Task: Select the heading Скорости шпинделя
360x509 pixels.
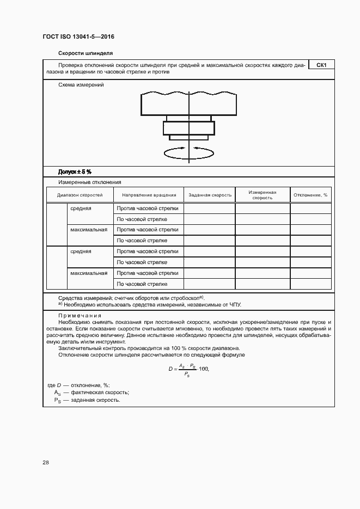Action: [85, 53]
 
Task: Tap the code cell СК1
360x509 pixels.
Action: [321, 65]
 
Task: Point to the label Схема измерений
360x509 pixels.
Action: [81, 85]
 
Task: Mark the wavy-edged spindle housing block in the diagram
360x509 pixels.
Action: [188, 103]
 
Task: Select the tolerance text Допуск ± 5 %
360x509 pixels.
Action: [75, 171]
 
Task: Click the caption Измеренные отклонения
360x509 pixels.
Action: [89, 182]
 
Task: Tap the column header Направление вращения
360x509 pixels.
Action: [149, 195]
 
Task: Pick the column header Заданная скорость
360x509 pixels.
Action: [210, 195]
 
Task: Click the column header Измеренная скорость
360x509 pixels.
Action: [262, 195]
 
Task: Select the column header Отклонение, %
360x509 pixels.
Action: [310, 195]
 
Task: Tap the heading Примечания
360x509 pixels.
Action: [80, 316]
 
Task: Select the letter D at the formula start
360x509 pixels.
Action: [170, 369]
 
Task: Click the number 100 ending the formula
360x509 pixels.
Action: [204, 369]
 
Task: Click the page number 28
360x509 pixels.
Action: [46, 462]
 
